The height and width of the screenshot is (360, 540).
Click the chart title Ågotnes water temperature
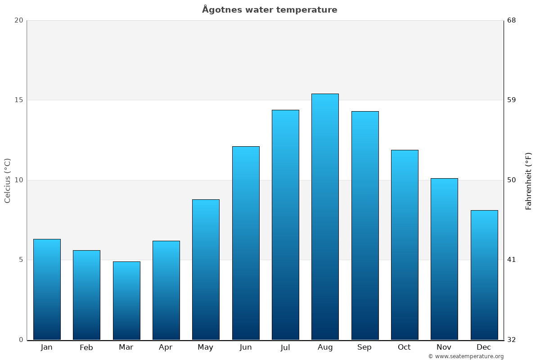tap(270, 10)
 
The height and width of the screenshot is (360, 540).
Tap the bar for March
tap(126, 301)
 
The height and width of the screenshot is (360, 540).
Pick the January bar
tap(47, 289)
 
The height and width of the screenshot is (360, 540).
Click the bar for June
tap(246, 243)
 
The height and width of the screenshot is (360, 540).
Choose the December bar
tap(484, 275)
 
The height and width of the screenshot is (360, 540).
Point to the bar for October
tap(405, 245)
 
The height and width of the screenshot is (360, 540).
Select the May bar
tap(206, 270)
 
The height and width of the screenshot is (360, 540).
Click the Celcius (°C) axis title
tap(8, 180)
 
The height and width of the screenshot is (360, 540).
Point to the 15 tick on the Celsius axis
tap(18, 100)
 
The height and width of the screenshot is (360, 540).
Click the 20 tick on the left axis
tap(18, 20)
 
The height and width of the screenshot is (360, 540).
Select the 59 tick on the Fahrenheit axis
tap(512, 100)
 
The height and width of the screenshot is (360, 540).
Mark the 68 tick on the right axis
tap(512, 20)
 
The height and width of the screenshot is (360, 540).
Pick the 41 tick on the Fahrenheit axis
tap(512, 260)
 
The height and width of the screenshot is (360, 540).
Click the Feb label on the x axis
tap(86, 347)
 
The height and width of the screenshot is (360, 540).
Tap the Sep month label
tap(364, 347)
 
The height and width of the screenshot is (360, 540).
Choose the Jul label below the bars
tap(285, 347)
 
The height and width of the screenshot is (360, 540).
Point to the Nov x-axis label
tap(444, 347)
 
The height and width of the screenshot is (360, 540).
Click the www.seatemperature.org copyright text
tap(466, 356)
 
